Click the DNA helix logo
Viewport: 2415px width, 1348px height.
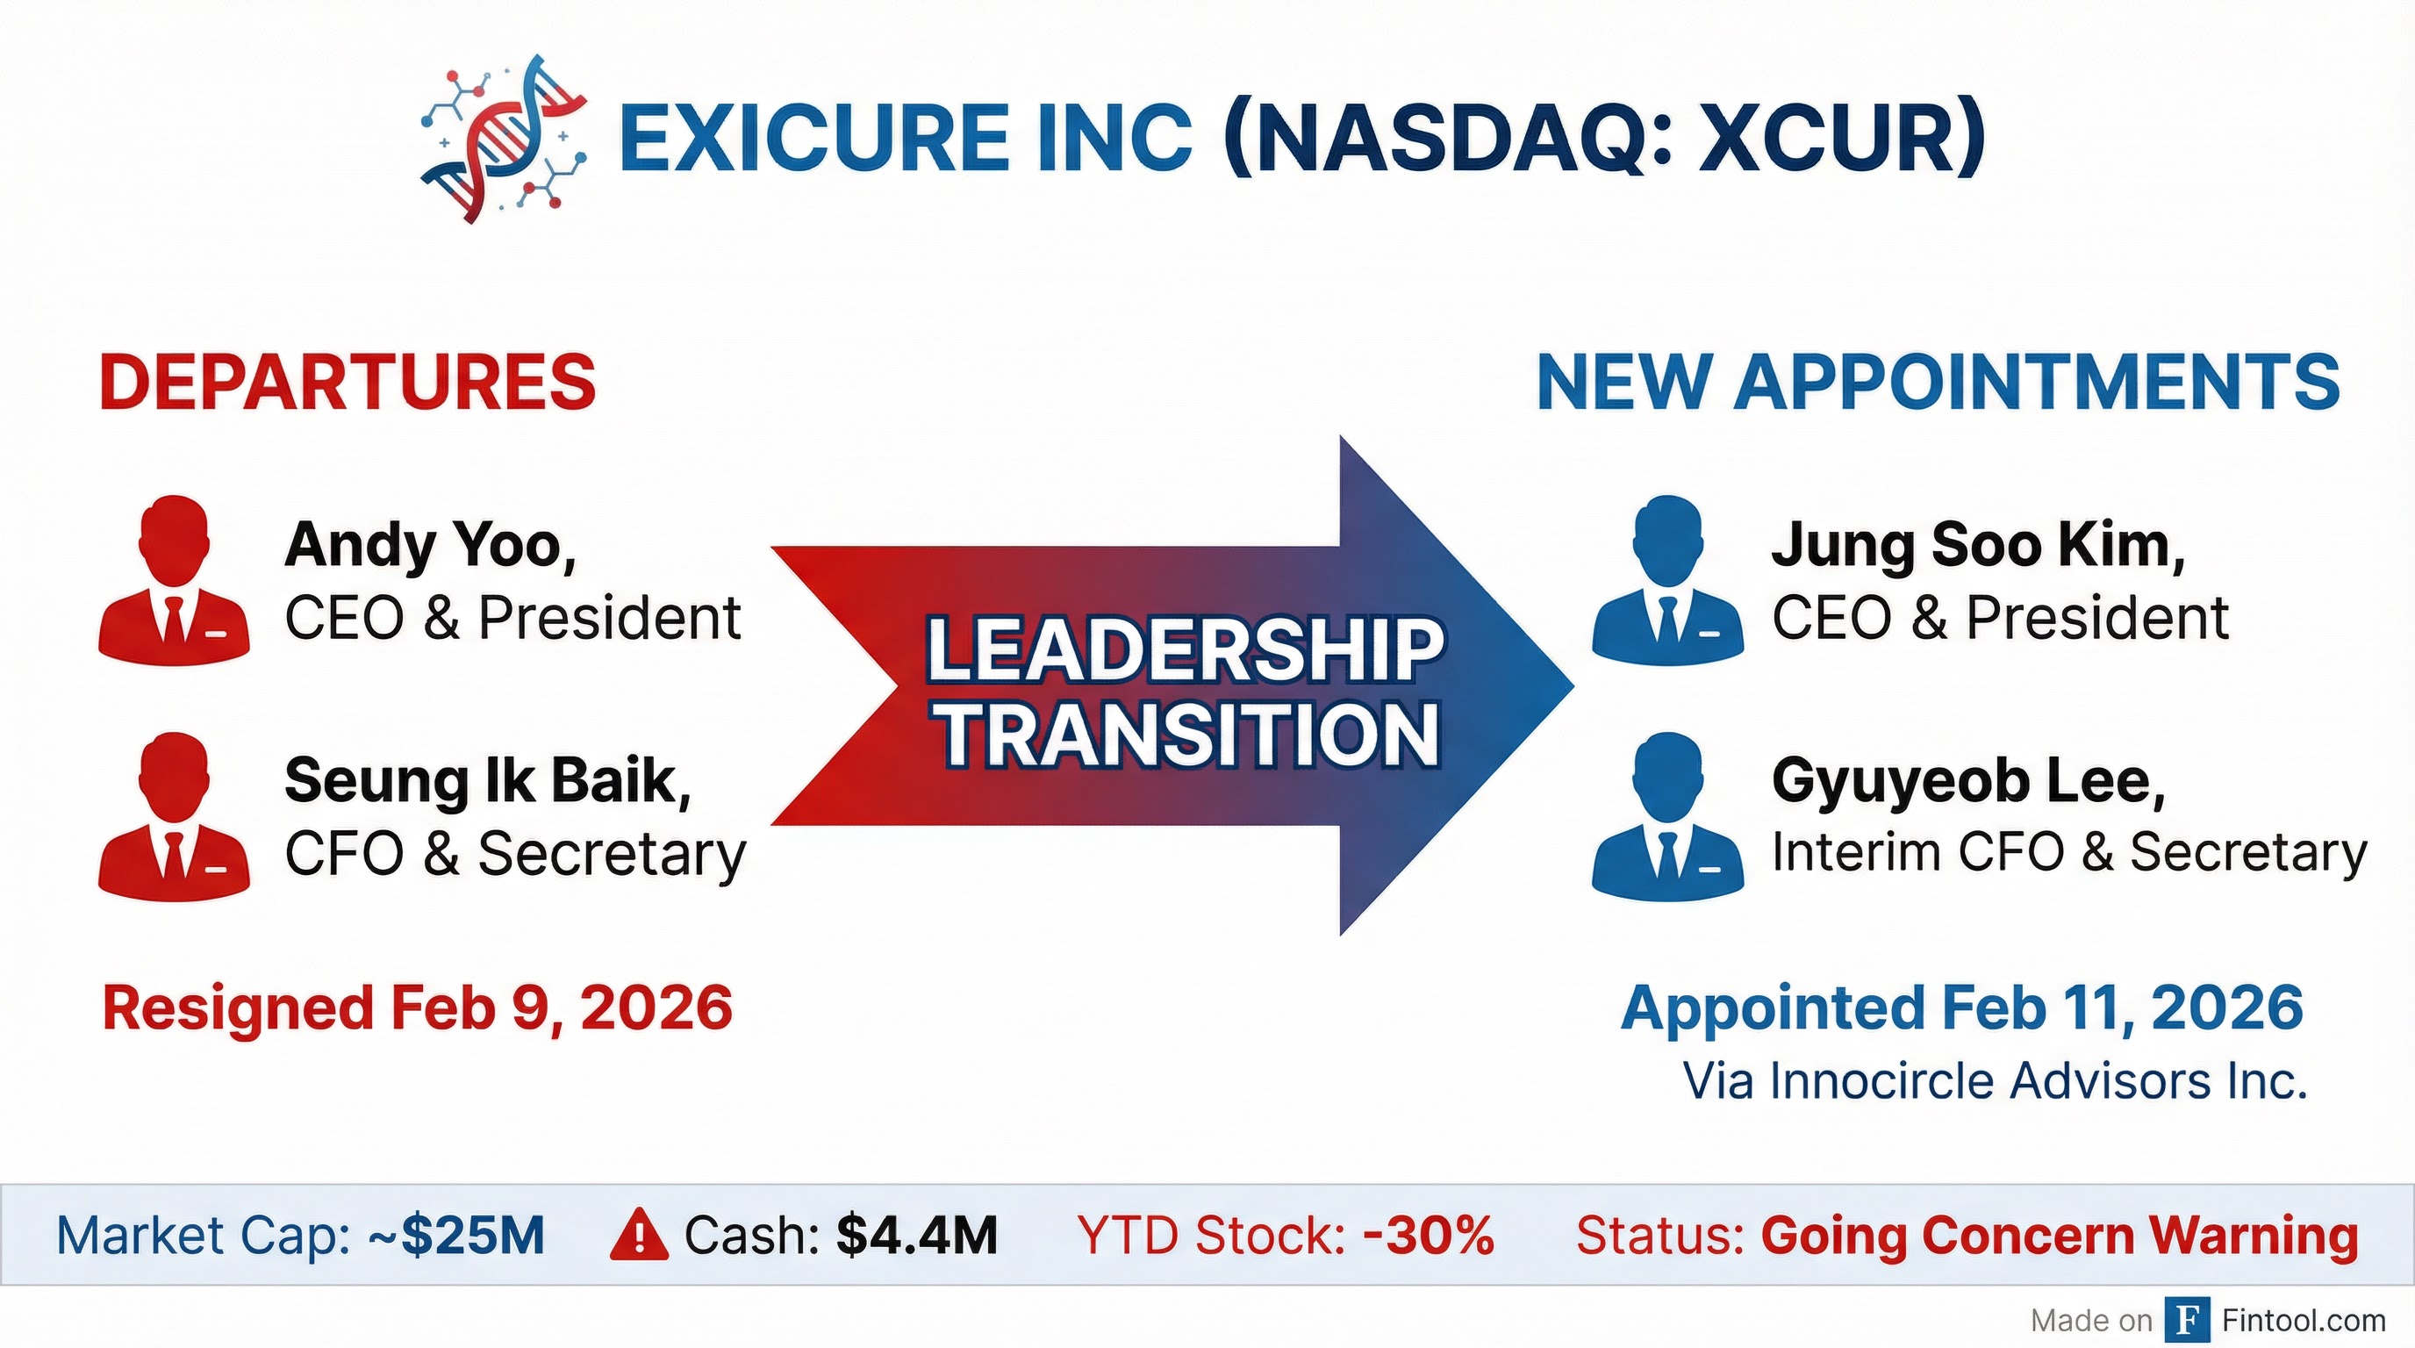pyautogui.click(x=505, y=138)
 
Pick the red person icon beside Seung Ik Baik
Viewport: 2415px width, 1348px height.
pyautogui.click(x=174, y=816)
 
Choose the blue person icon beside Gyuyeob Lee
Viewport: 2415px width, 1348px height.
pyautogui.click(x=1668, y=816)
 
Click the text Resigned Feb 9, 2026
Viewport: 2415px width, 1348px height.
pyautogui.click(x=417, y=1008)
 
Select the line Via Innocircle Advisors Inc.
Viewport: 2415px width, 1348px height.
pyautogui.click(x=1995, y=1081)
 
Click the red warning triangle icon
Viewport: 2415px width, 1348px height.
pyautogui.click(x=639, y=1235)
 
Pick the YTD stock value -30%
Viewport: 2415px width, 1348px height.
pyautogui.click(x=1430, y=1236)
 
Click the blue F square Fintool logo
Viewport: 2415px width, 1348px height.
pyautogui.click(x=2188, y=1321)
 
